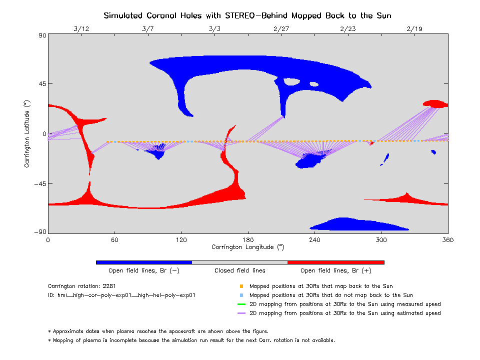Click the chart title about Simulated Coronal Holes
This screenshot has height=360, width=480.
point(247,15)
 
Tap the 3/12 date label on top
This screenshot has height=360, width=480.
point(81,29)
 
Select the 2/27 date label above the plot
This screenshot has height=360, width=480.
point(281,29)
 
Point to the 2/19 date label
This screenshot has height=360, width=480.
point(414,29)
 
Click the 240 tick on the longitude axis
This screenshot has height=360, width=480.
point(314,240)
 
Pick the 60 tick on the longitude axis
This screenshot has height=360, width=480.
point(114,240)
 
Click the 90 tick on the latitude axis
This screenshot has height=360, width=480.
point(41,35)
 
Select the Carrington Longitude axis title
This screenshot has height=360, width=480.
point(247,247)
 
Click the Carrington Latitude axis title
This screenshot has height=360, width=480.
point(27,134)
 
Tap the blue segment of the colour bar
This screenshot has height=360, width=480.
point(143,262)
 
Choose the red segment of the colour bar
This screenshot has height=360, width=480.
point(335,262)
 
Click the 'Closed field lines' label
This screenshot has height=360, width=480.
point(240,270)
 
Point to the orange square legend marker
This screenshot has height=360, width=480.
point(241,286)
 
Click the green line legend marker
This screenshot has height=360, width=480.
point(241,304)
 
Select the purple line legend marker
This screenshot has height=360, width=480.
point(241,313)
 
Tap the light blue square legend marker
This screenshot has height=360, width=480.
point(241,295)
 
